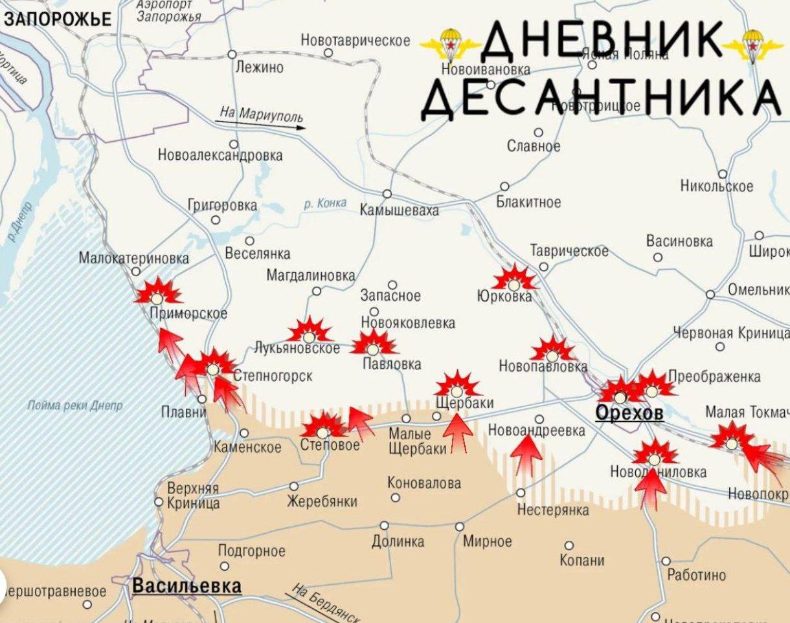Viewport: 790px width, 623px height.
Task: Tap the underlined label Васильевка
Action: click(x=186, y=586)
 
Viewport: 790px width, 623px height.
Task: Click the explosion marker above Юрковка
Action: click(x=514, y=279)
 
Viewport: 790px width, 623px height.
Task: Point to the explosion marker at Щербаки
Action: click(x=457, y=386)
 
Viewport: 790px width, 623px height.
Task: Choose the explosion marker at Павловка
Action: click(x=373, y=344)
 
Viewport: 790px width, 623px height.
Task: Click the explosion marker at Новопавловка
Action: click(x=552, y=351)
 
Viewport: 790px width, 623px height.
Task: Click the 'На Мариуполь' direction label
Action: click(x=261, y=115)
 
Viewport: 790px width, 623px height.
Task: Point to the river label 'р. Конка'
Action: click(x=324, y=204)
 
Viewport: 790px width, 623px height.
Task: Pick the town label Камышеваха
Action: click(x=399, y=210)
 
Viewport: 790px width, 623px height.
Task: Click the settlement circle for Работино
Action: click(x=666, y=561)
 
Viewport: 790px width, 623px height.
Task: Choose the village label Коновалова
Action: click(x=424, y=483)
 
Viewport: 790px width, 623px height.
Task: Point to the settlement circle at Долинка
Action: click(x=385, y=525)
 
